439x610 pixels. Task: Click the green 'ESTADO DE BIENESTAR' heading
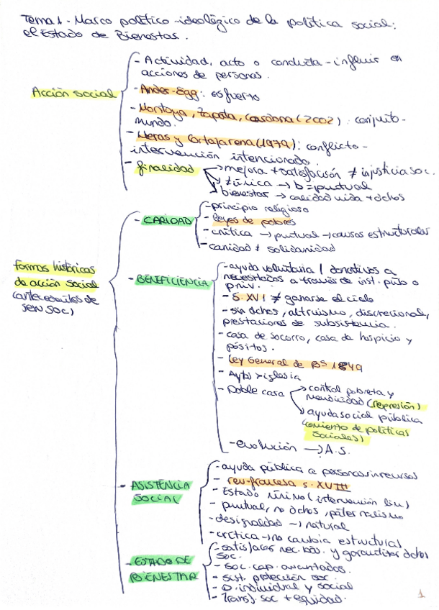(163, 568)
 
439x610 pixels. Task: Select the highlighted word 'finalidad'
(166, 168)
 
